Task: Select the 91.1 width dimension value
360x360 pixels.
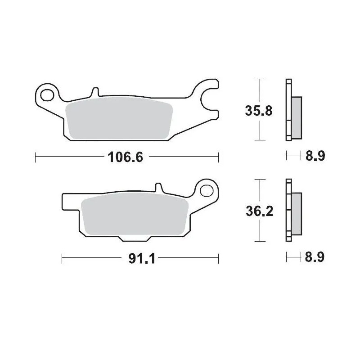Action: point(138,258)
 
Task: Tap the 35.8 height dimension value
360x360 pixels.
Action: point(258,110)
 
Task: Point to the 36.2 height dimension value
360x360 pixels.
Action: point(258,211)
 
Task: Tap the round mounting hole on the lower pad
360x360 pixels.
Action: point(207,189)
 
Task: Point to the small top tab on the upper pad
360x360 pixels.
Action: point(94,91)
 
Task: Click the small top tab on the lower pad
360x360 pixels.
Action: point(158,187)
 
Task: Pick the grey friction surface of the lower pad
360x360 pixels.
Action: point(135,216)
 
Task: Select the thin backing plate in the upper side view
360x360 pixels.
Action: point(288,110)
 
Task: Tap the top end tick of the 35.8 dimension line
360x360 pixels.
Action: point(258,79)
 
